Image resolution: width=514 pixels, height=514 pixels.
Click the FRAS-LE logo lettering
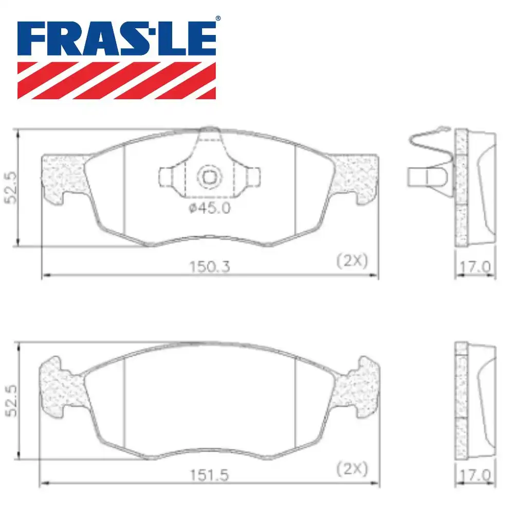click(x=117, y=39)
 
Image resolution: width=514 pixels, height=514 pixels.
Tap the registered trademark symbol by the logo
click(x=218, y=19)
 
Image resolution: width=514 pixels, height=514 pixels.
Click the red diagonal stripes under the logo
click(x=117, y=80)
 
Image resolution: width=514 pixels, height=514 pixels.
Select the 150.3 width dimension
click(x=210, y=266)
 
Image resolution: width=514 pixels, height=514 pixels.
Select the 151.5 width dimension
click(x=210, y=475)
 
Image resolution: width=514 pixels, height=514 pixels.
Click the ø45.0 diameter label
click(x=210, y=208)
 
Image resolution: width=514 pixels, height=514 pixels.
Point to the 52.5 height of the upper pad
click(x=11, y=187)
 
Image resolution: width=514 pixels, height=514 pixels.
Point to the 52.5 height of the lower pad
click(x=11, y=401)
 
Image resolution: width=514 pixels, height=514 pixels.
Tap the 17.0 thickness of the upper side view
click(x=475, y=267)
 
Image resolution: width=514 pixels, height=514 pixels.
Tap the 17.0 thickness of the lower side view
click(x=475, y=475)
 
